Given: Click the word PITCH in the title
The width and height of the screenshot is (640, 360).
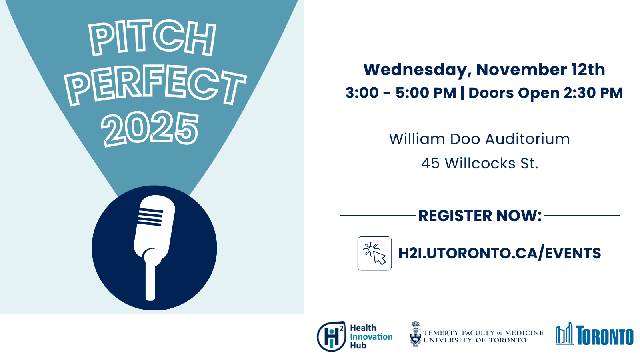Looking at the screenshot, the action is point(152,38).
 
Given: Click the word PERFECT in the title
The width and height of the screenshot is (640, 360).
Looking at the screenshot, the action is point(155,85).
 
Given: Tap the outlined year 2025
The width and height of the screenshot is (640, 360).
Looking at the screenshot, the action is point(150,129).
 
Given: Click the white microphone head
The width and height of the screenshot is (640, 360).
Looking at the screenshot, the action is point(154,226).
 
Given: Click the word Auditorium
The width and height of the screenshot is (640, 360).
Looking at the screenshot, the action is point(528,139).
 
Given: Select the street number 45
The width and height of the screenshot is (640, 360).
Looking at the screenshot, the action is point(430,163).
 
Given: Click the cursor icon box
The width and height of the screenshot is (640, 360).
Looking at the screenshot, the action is point(374,254).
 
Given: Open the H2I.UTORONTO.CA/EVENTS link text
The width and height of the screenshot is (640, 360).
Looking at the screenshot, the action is point(500,254).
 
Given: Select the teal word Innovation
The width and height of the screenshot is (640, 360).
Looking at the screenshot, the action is point(371,336).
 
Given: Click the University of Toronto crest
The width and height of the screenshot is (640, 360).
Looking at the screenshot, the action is point(416,334).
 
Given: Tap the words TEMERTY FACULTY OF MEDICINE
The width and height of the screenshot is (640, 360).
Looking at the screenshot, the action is point(484,333).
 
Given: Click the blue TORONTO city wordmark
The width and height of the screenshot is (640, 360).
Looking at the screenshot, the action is point(604,335).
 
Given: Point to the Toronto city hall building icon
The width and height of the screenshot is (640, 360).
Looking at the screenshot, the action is point(564,333).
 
